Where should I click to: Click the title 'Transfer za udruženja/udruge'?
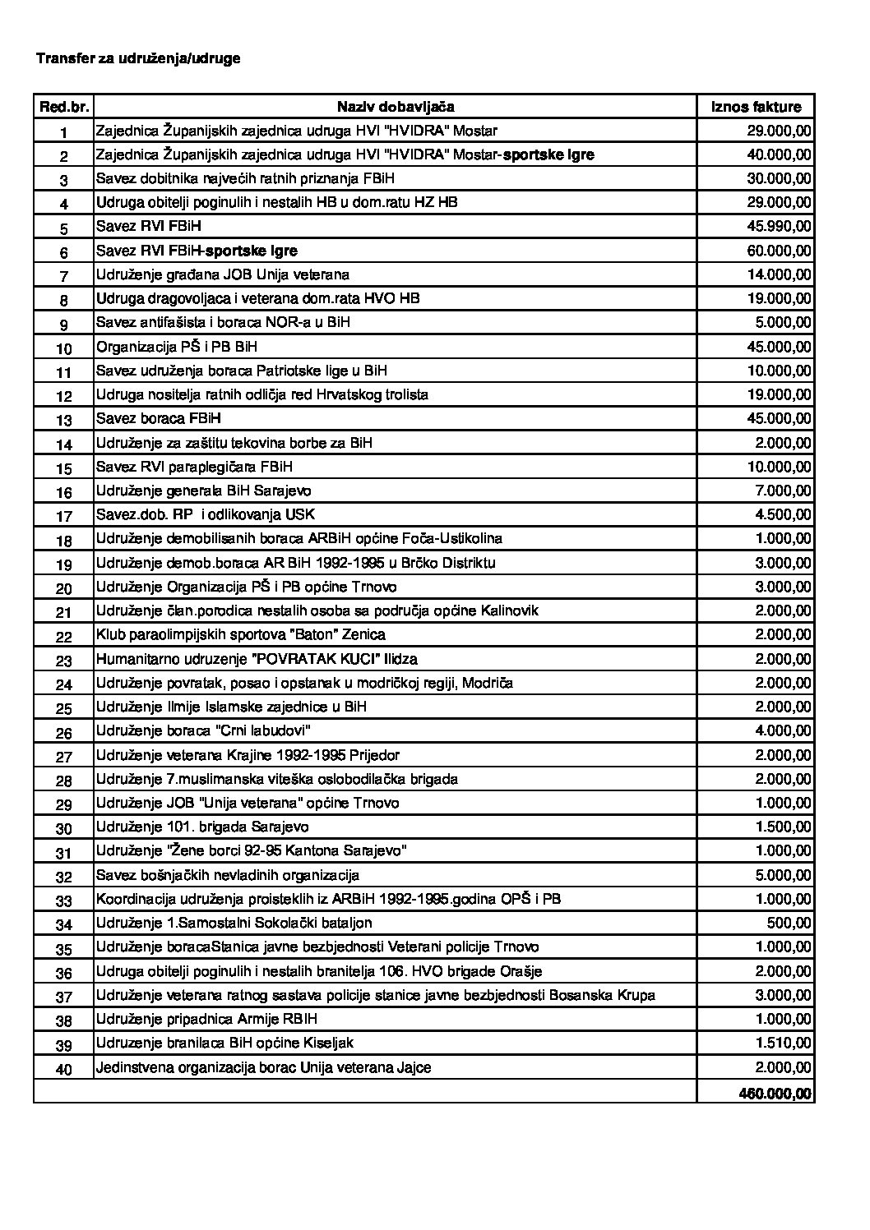138,59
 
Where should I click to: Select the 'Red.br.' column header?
63,107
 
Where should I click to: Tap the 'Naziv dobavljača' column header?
395,107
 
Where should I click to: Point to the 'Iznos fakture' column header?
755,107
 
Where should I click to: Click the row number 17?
63,517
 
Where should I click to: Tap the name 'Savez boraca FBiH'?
159,418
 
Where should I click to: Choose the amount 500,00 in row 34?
791,923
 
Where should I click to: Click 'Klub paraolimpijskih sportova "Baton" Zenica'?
240,634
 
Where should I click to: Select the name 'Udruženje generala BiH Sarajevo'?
203,491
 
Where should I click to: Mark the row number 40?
63,1069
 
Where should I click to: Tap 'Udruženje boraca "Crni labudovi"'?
203,730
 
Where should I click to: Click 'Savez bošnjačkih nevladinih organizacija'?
228,875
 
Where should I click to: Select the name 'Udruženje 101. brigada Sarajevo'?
202,827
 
